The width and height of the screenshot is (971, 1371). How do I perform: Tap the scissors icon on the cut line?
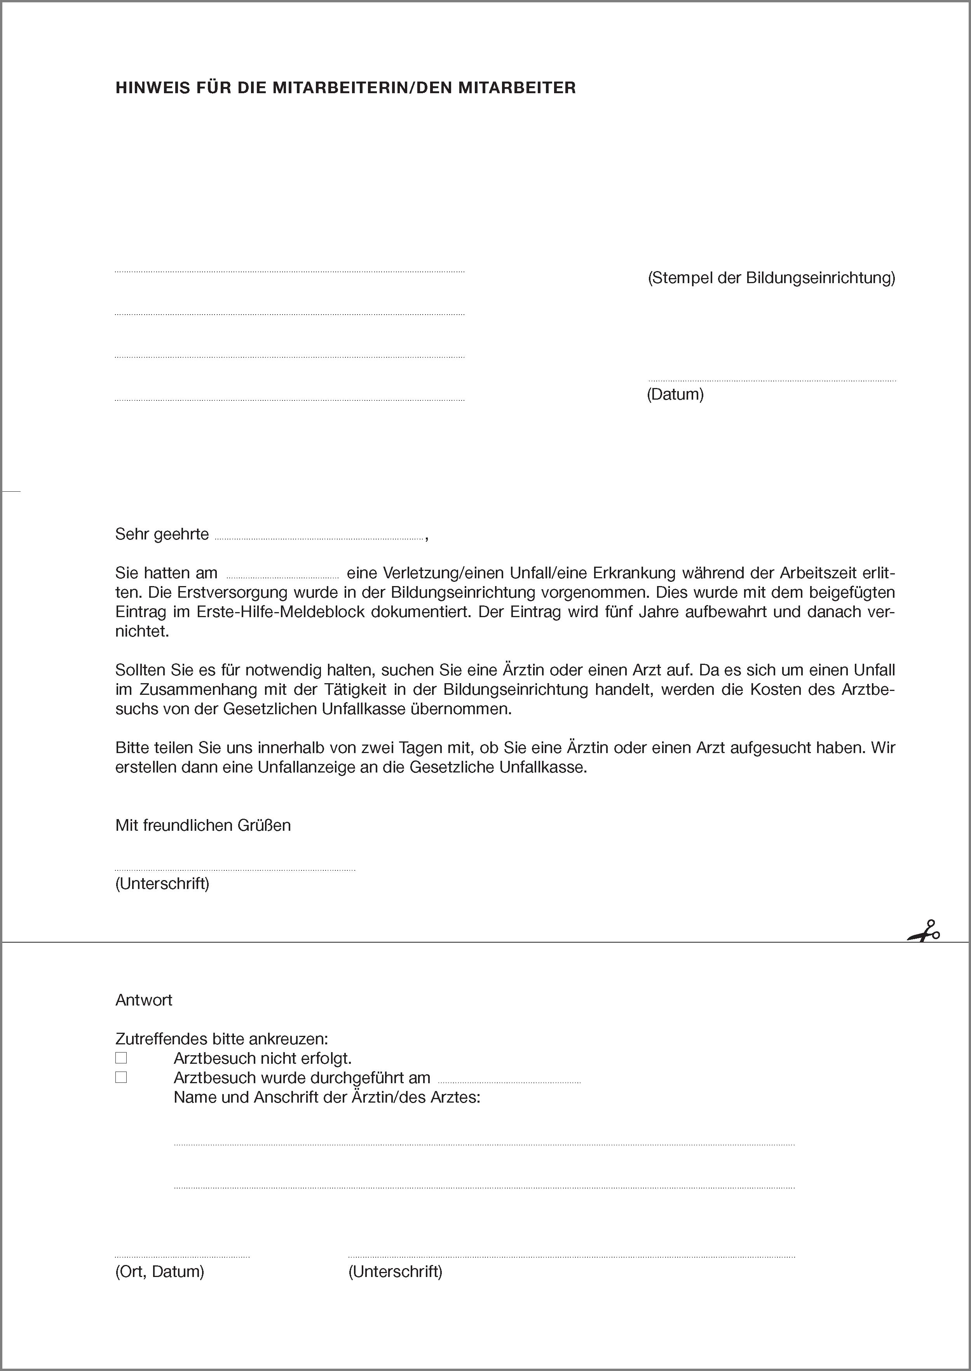[x=924, y=931]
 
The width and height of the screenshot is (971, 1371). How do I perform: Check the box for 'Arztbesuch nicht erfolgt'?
[x=121, y=1058]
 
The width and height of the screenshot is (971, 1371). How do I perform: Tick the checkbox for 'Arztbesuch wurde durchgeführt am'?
[x=121, y=1077]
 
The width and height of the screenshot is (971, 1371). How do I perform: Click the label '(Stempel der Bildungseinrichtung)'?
[x=771, y=278]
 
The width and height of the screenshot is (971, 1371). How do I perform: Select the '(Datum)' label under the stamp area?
[x=675, y=395]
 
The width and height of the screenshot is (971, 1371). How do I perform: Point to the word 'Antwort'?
[x=143, y=1000]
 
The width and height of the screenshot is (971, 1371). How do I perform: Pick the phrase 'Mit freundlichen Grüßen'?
[x=203, y=825]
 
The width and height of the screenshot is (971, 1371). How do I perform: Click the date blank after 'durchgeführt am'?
[x=509, y=1080]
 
